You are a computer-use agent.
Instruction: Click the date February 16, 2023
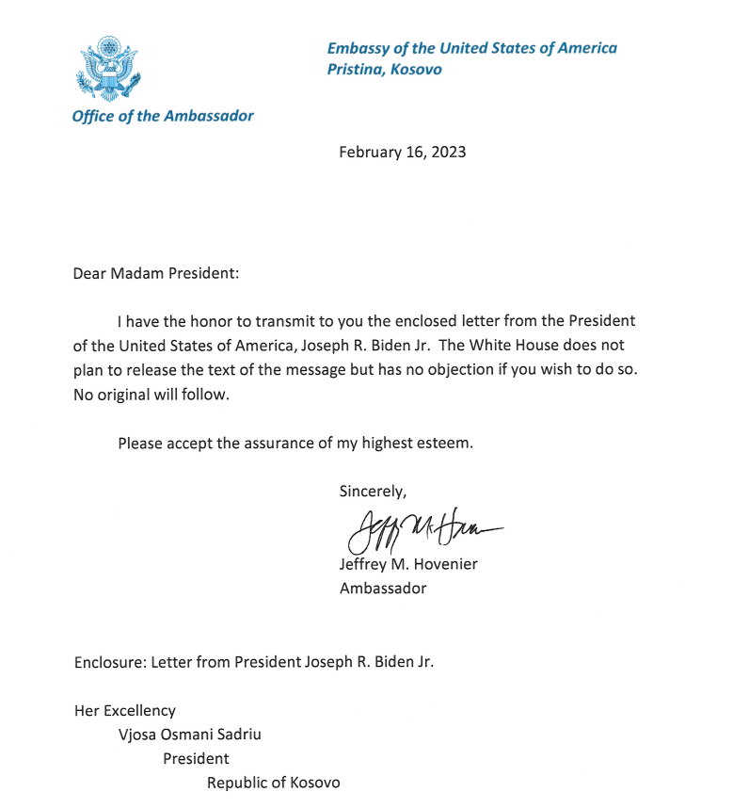point(402,152)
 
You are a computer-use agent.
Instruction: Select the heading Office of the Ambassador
point(163,116)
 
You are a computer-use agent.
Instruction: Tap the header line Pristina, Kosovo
point(384,69)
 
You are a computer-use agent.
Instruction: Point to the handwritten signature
point(423,531)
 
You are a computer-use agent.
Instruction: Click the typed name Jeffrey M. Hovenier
point(409,566)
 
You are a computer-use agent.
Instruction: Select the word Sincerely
point(372,491)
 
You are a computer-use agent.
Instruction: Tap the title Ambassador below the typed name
point(383,589)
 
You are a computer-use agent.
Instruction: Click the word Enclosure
point(108,661)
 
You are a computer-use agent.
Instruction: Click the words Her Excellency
point(125,711)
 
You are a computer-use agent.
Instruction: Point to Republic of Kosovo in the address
point(274,783)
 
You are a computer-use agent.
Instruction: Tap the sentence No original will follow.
point(151,395)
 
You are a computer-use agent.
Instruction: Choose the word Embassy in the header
point(359,48)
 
